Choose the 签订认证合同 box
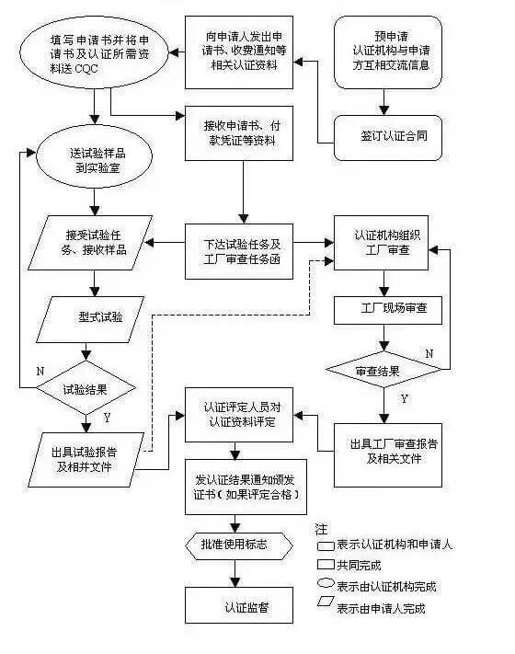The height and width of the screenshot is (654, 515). tap(389, 134)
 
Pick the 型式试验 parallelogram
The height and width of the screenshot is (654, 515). tap(88, 318)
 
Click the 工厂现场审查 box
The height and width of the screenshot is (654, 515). tap(387, 311)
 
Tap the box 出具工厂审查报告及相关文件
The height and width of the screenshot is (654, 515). tap(387, 450)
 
